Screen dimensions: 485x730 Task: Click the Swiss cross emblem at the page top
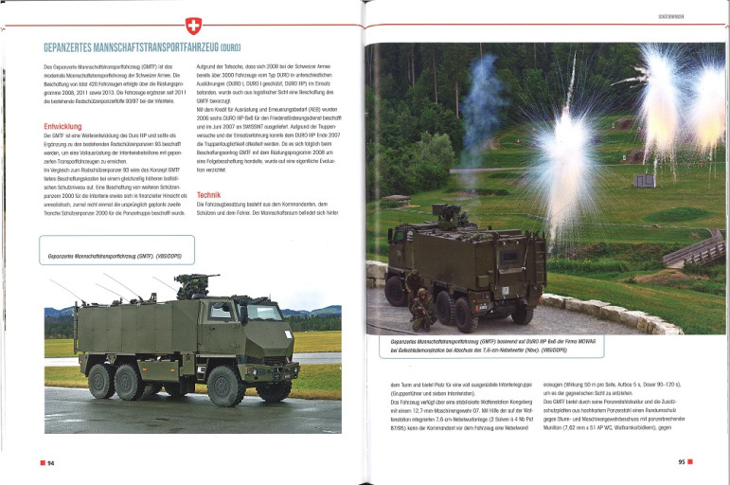pos(194,26)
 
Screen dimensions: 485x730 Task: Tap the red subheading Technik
pos(208,195)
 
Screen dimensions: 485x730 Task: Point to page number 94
pos(48,462)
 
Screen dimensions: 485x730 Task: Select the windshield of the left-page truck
pos(259,313)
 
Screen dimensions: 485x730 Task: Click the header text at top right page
pos(671,17)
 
